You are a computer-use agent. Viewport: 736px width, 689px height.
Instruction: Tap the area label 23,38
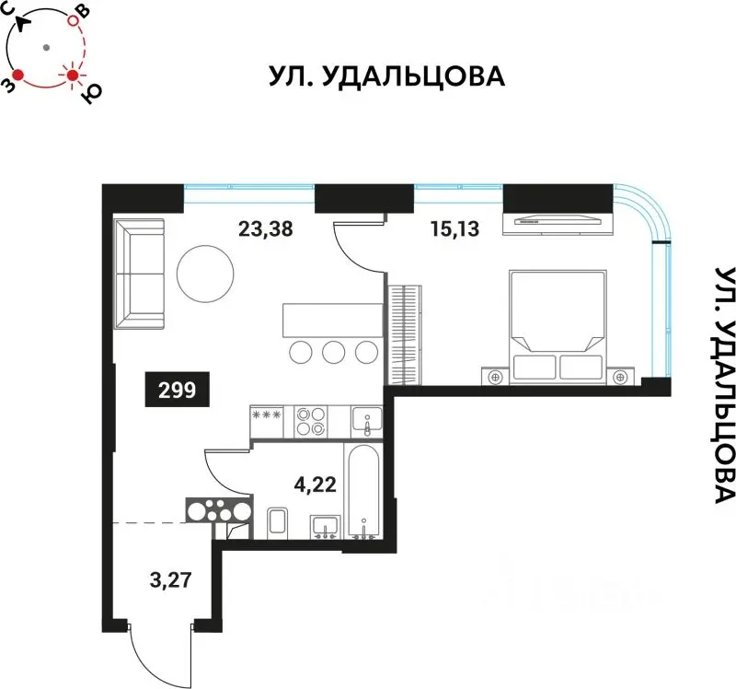point(265,230)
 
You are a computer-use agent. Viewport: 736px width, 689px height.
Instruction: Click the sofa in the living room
point(139,274)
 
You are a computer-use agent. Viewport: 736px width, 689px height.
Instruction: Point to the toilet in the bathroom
point(279,522)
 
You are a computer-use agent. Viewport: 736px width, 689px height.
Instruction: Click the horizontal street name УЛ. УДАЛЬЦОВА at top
point(387,76)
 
